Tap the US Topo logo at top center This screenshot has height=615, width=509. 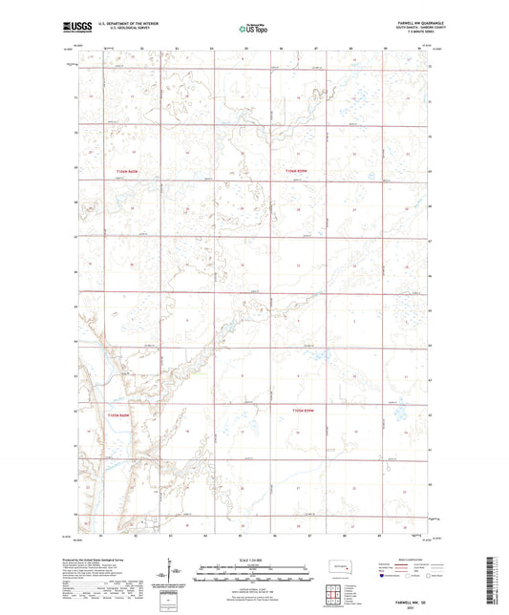click(253, 30)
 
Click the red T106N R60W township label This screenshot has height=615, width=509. click(114, 170)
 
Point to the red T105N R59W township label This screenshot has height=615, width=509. click(302, 410)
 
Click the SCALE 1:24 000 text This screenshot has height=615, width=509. click(254, 561)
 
